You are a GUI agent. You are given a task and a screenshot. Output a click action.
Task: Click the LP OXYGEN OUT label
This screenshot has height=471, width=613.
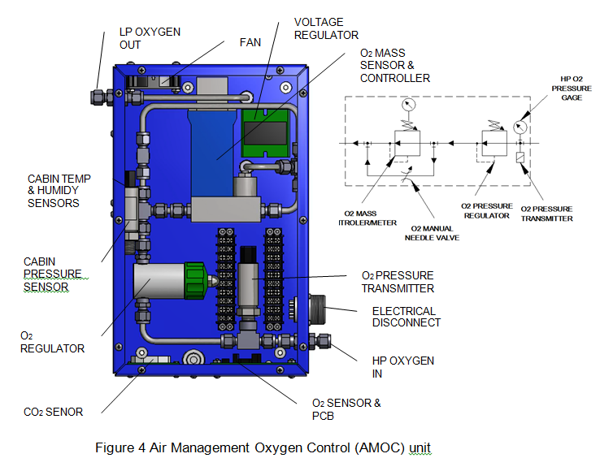pos(150,38)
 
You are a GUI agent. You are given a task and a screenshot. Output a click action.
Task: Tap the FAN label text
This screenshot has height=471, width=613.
pos(250,41)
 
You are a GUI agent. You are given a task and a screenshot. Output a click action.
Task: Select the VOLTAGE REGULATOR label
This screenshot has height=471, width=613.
pos(326,28)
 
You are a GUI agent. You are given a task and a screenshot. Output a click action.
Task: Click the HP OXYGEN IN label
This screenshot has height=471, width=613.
pos(403,367)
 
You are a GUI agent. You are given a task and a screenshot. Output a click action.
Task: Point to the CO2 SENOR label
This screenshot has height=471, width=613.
pos(53,412)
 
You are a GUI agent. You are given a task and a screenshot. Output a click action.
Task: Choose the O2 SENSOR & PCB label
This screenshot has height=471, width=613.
pos(346,409)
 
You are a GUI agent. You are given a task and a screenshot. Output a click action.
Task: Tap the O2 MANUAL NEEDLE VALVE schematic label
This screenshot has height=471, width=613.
pos(433,233)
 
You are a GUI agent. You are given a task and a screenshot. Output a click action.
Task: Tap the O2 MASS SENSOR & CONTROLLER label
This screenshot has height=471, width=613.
pos(395,65)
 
